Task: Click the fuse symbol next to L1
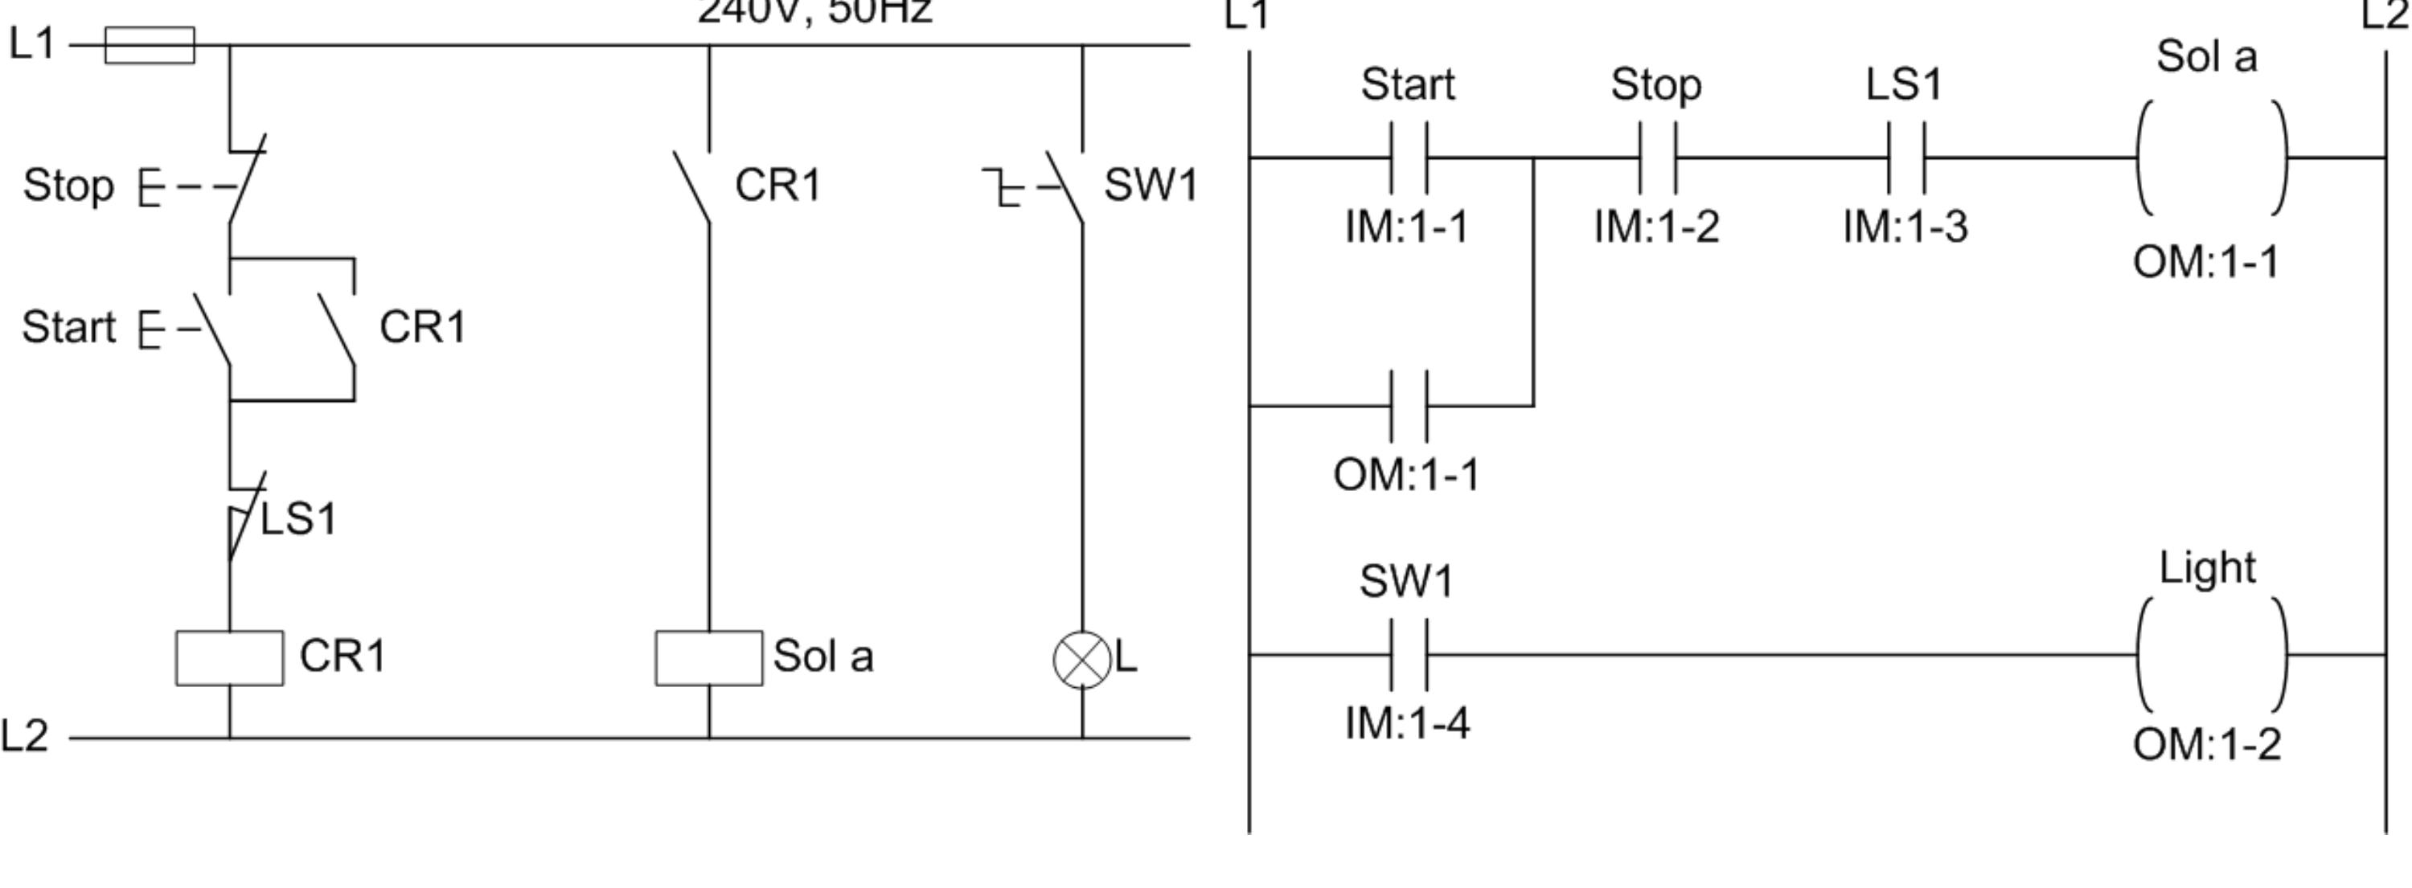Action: (x=150, y=45)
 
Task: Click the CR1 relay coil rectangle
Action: (x=229, y=658)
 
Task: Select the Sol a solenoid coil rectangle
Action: (x=709, y=658)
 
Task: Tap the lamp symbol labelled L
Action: (x=1081, y=660)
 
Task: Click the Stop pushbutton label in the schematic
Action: (x=68, y=186)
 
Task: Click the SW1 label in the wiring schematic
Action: (x=1150, y=186)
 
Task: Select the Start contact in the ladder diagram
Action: (x=1409, y=158)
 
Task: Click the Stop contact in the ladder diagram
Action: (x=1657, y=158)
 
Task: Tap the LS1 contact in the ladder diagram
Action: (x=1906, y=158)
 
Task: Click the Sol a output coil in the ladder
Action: (x=2212, y=158)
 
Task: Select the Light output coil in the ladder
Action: (x=2212, y=655)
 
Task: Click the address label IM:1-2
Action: (x=1656, y=227)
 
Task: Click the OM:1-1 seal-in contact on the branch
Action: (x=1409, y=406)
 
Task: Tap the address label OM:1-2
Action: (x=2207, y=746)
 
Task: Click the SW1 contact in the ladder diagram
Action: (x=1409, y=655)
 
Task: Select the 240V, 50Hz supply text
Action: (x=814, y=11)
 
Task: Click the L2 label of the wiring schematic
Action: (x=24, y=736)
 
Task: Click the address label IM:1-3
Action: (x=1905, y=227)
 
